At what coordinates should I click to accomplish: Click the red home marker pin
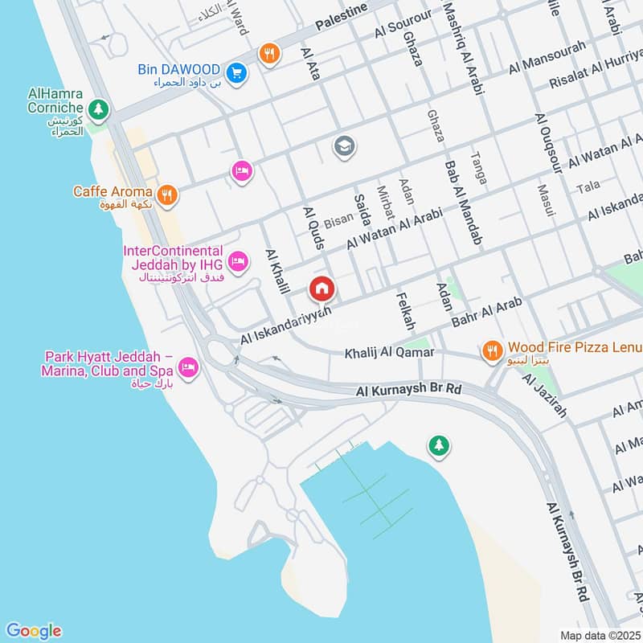coord(322,289)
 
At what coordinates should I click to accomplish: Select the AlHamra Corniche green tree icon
coord(98,107)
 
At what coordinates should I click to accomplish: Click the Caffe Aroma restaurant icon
coord(167,193)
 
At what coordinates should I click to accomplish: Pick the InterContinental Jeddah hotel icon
coord(237,260)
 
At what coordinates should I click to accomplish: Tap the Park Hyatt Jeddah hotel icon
coord(188,368)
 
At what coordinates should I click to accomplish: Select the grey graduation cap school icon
coord(344,146)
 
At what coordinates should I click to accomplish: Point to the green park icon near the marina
coord(438,444)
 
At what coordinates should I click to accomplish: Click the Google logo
coord(33,631)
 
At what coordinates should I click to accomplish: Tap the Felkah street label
coord(405,310)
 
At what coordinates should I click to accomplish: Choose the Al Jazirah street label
coord(544,399)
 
